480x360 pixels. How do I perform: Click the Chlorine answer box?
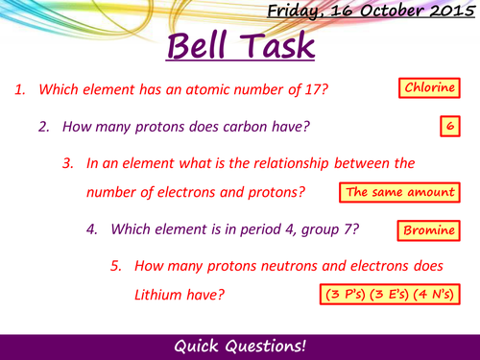(429, 89)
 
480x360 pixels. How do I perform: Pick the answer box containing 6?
(448, 126)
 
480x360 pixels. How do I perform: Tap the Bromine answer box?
(427, 230)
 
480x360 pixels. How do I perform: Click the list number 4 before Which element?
(91, 230)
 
